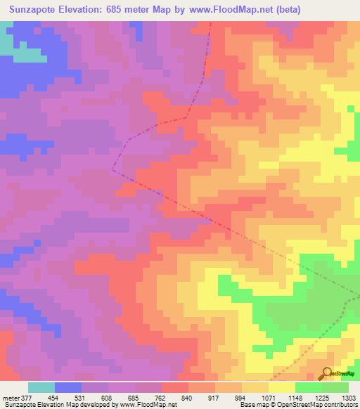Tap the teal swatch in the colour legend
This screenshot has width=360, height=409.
pos(41,387)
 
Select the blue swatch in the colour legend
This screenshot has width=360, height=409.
pos(68,387)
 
